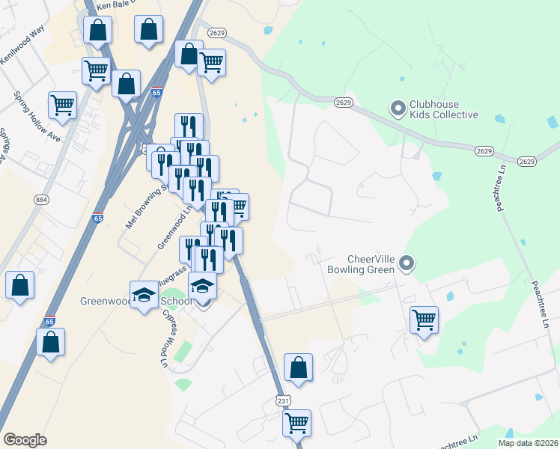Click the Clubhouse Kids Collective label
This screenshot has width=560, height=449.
pos(443,109)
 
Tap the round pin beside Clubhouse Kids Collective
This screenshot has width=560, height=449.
pos(398,109)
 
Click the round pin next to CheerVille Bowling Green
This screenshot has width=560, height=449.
pos(407,263)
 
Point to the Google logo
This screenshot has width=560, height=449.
pos(25,440)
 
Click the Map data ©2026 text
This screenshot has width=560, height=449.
pos(529,443)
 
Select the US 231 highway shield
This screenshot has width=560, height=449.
pos(283,401)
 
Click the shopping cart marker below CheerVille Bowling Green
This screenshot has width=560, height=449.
pos(424,320)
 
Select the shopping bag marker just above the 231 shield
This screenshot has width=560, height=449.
pos(298,367)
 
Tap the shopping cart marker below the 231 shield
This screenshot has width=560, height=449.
pos(296,422)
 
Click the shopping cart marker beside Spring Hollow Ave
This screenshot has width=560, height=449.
pos(62,105)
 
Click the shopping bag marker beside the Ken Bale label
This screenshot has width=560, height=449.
pos(97,30)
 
